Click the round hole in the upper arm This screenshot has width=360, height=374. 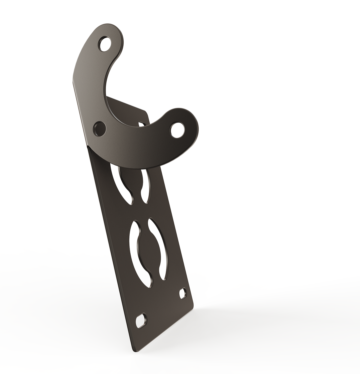point(105,44)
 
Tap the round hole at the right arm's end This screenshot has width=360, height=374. point(177,130)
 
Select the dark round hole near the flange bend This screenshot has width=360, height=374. point(99,129)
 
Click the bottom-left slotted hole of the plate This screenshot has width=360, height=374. point(141,321)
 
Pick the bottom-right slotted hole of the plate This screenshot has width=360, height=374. point(183,293)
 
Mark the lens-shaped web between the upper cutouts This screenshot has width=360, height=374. point(134,182)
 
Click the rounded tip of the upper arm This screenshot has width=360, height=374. point(115,28)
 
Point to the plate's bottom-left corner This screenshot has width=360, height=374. point(134,350)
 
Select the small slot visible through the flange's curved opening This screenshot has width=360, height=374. point(142,124)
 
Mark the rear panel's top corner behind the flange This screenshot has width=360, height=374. point(145,111)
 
